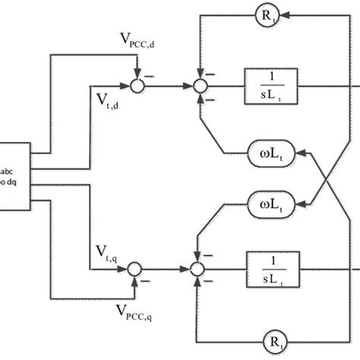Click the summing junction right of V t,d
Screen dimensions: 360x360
click(136, 86)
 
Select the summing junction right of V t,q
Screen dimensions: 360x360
click(136, 268)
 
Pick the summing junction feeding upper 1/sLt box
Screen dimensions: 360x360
click(198, 86)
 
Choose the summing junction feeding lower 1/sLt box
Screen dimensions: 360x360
click(198, 268)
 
